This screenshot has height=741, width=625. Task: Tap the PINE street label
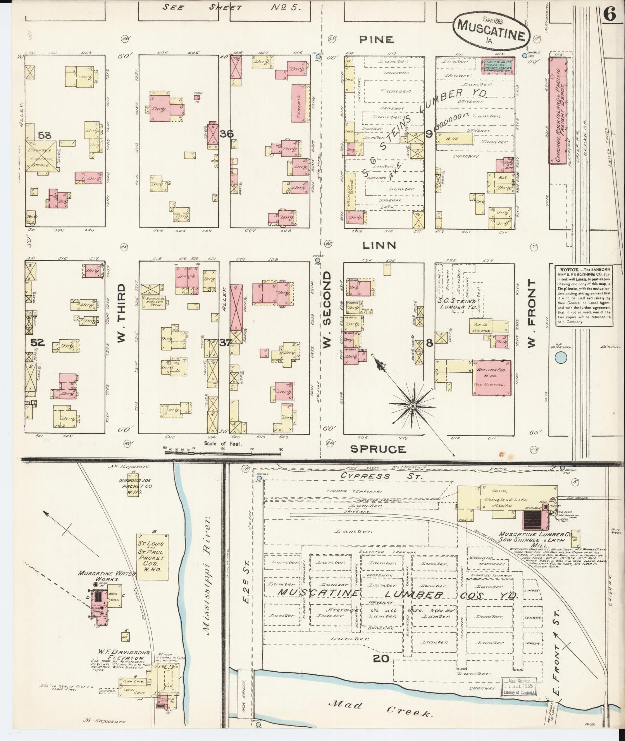pos(377,40)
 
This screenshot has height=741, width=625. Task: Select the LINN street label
pos(379,245)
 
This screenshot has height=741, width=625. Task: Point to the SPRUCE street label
pos(378,449)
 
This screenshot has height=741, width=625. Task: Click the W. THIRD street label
pos(121,313)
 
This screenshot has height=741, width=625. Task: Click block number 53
pos(44,135)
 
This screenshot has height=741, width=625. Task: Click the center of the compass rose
pos(413,405)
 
